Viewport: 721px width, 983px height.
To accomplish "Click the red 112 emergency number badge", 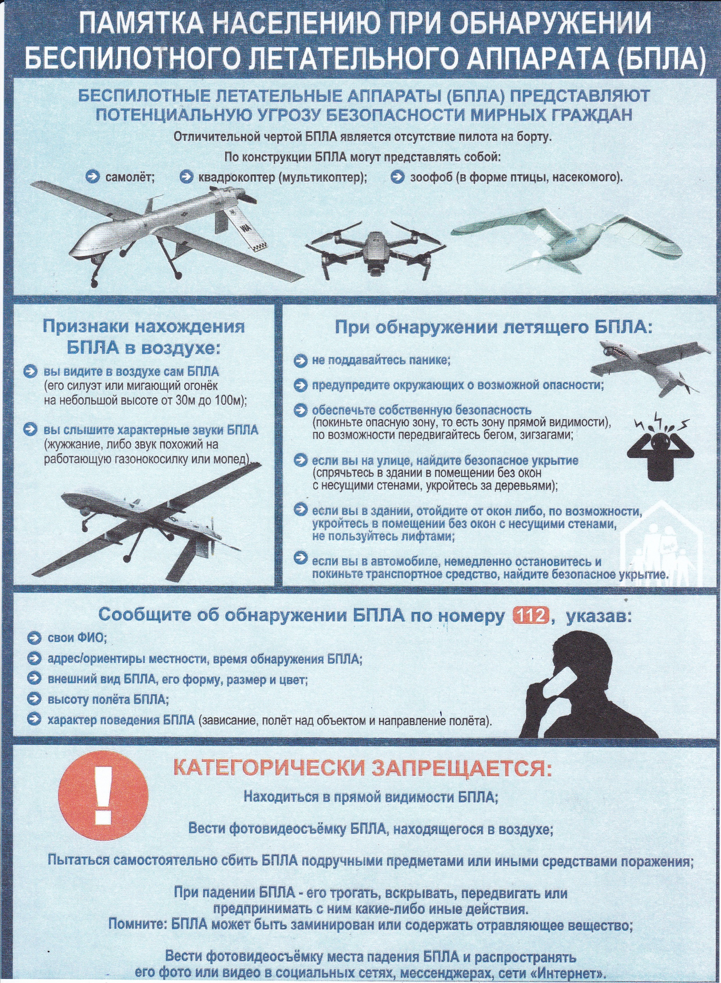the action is (529, 616).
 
